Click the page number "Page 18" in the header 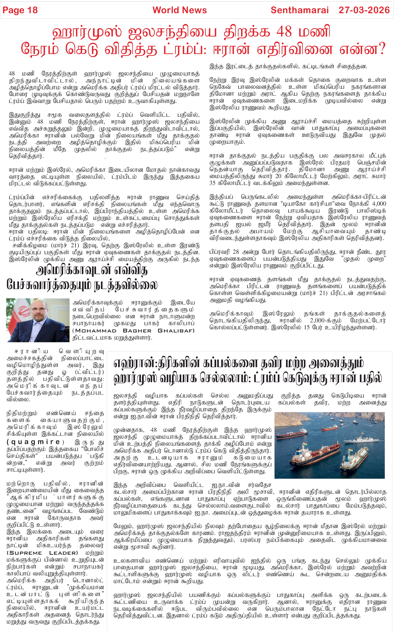20,10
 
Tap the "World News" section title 179,10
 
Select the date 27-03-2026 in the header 364,10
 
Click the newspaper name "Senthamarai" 300,10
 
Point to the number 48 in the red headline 284,32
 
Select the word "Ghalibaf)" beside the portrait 176,331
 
